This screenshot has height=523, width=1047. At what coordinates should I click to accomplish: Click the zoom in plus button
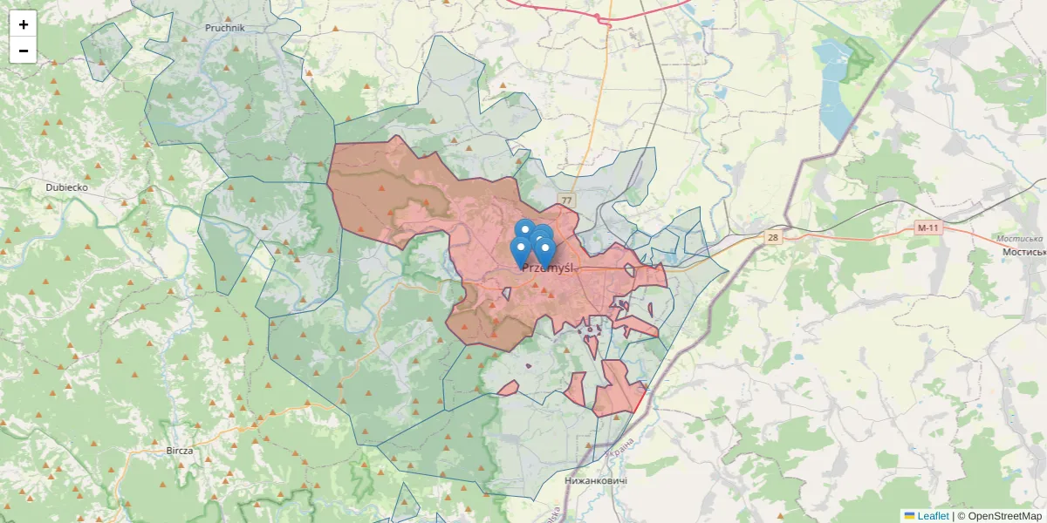point(24,24)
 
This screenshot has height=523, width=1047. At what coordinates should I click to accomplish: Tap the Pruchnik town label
point(224,28)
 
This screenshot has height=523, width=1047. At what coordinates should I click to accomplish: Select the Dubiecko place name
point(67,187)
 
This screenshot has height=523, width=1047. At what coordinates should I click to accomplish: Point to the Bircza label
point(179,451)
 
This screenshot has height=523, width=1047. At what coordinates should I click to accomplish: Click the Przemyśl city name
point(547,268)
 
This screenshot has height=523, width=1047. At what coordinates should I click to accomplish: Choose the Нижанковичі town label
point(596,480)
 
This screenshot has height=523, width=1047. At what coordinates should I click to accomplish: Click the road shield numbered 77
point(568,200)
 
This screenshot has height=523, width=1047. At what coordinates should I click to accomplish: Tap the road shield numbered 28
point(772,237)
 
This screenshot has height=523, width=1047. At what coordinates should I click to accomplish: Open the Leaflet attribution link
point(932,516)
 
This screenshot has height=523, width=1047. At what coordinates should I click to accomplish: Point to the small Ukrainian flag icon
point(909,516)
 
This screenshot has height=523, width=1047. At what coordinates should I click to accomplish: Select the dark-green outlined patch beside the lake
point(859,59)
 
